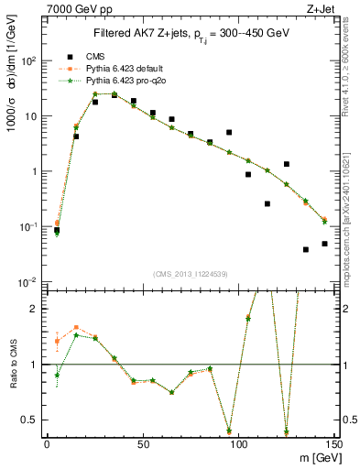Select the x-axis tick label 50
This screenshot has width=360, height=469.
142,444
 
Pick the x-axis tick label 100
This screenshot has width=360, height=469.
238,444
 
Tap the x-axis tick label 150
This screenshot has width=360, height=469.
333,444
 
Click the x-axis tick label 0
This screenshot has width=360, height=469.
47,444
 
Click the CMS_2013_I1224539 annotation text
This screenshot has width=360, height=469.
190,275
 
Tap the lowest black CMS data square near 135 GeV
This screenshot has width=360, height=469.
306,249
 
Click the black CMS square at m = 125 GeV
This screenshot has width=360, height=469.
287,164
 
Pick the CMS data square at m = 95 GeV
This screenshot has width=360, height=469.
229,133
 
